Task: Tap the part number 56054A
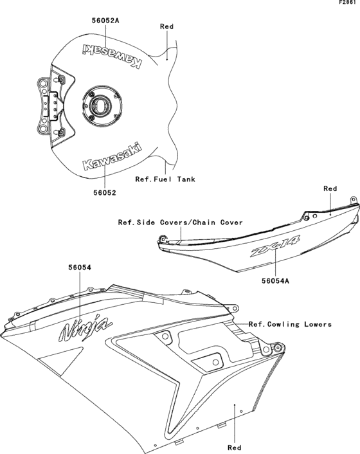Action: [276, 280]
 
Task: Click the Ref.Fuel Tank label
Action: [165, 179]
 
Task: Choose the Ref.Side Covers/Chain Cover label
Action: [180, 222]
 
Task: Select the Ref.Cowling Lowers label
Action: [290, 325]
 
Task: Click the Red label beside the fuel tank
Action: [166, 27]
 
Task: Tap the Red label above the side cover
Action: [330, 188]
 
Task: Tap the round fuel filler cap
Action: [100, 104]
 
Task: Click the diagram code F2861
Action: [348, 3]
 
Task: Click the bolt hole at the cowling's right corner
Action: [278, 348]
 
